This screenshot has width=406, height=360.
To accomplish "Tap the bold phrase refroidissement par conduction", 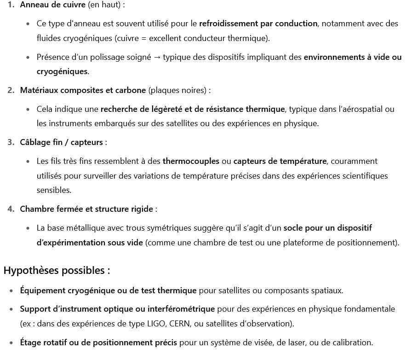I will (x=258, y=23).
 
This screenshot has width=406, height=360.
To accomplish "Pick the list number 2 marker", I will (x=11, y=90).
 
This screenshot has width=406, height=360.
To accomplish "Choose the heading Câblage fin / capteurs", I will (x=61, y=142).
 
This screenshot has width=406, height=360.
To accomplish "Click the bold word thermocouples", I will (x=191, y=161).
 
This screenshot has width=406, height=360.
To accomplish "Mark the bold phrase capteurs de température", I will (x=280, y=161).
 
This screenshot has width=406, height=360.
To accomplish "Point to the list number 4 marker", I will (x=11, y=209).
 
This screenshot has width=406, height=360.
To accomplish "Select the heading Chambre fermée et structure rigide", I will (x=86, y=209).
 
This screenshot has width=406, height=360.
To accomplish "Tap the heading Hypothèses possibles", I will (x=57, y=270).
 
